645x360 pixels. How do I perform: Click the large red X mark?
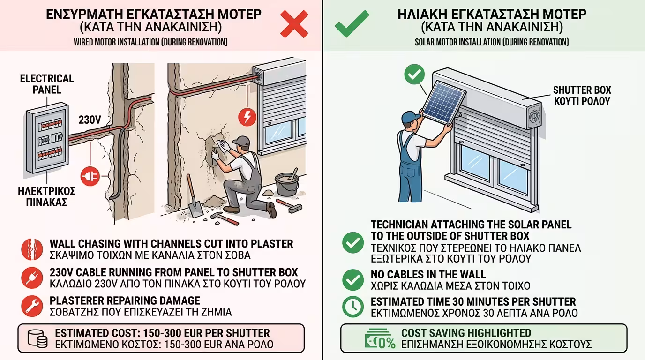294,24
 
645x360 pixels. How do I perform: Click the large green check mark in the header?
352,24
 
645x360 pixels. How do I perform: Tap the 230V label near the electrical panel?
90,120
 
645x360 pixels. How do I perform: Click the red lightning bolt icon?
247,117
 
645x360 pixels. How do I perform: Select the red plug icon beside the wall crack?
90,176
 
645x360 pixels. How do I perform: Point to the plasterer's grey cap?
241,140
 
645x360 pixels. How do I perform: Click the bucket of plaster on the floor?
287,184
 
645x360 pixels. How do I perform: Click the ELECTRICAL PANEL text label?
47,84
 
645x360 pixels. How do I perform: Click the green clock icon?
353,307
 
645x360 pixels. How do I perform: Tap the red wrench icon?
32,306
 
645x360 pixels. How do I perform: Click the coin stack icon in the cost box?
37,338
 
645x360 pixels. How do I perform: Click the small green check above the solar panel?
414,75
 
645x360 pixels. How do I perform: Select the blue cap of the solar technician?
410,117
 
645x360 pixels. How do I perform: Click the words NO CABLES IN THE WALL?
428,274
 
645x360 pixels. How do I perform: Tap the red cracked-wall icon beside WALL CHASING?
32,249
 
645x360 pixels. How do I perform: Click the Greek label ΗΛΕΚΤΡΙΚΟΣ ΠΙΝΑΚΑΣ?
47,197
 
